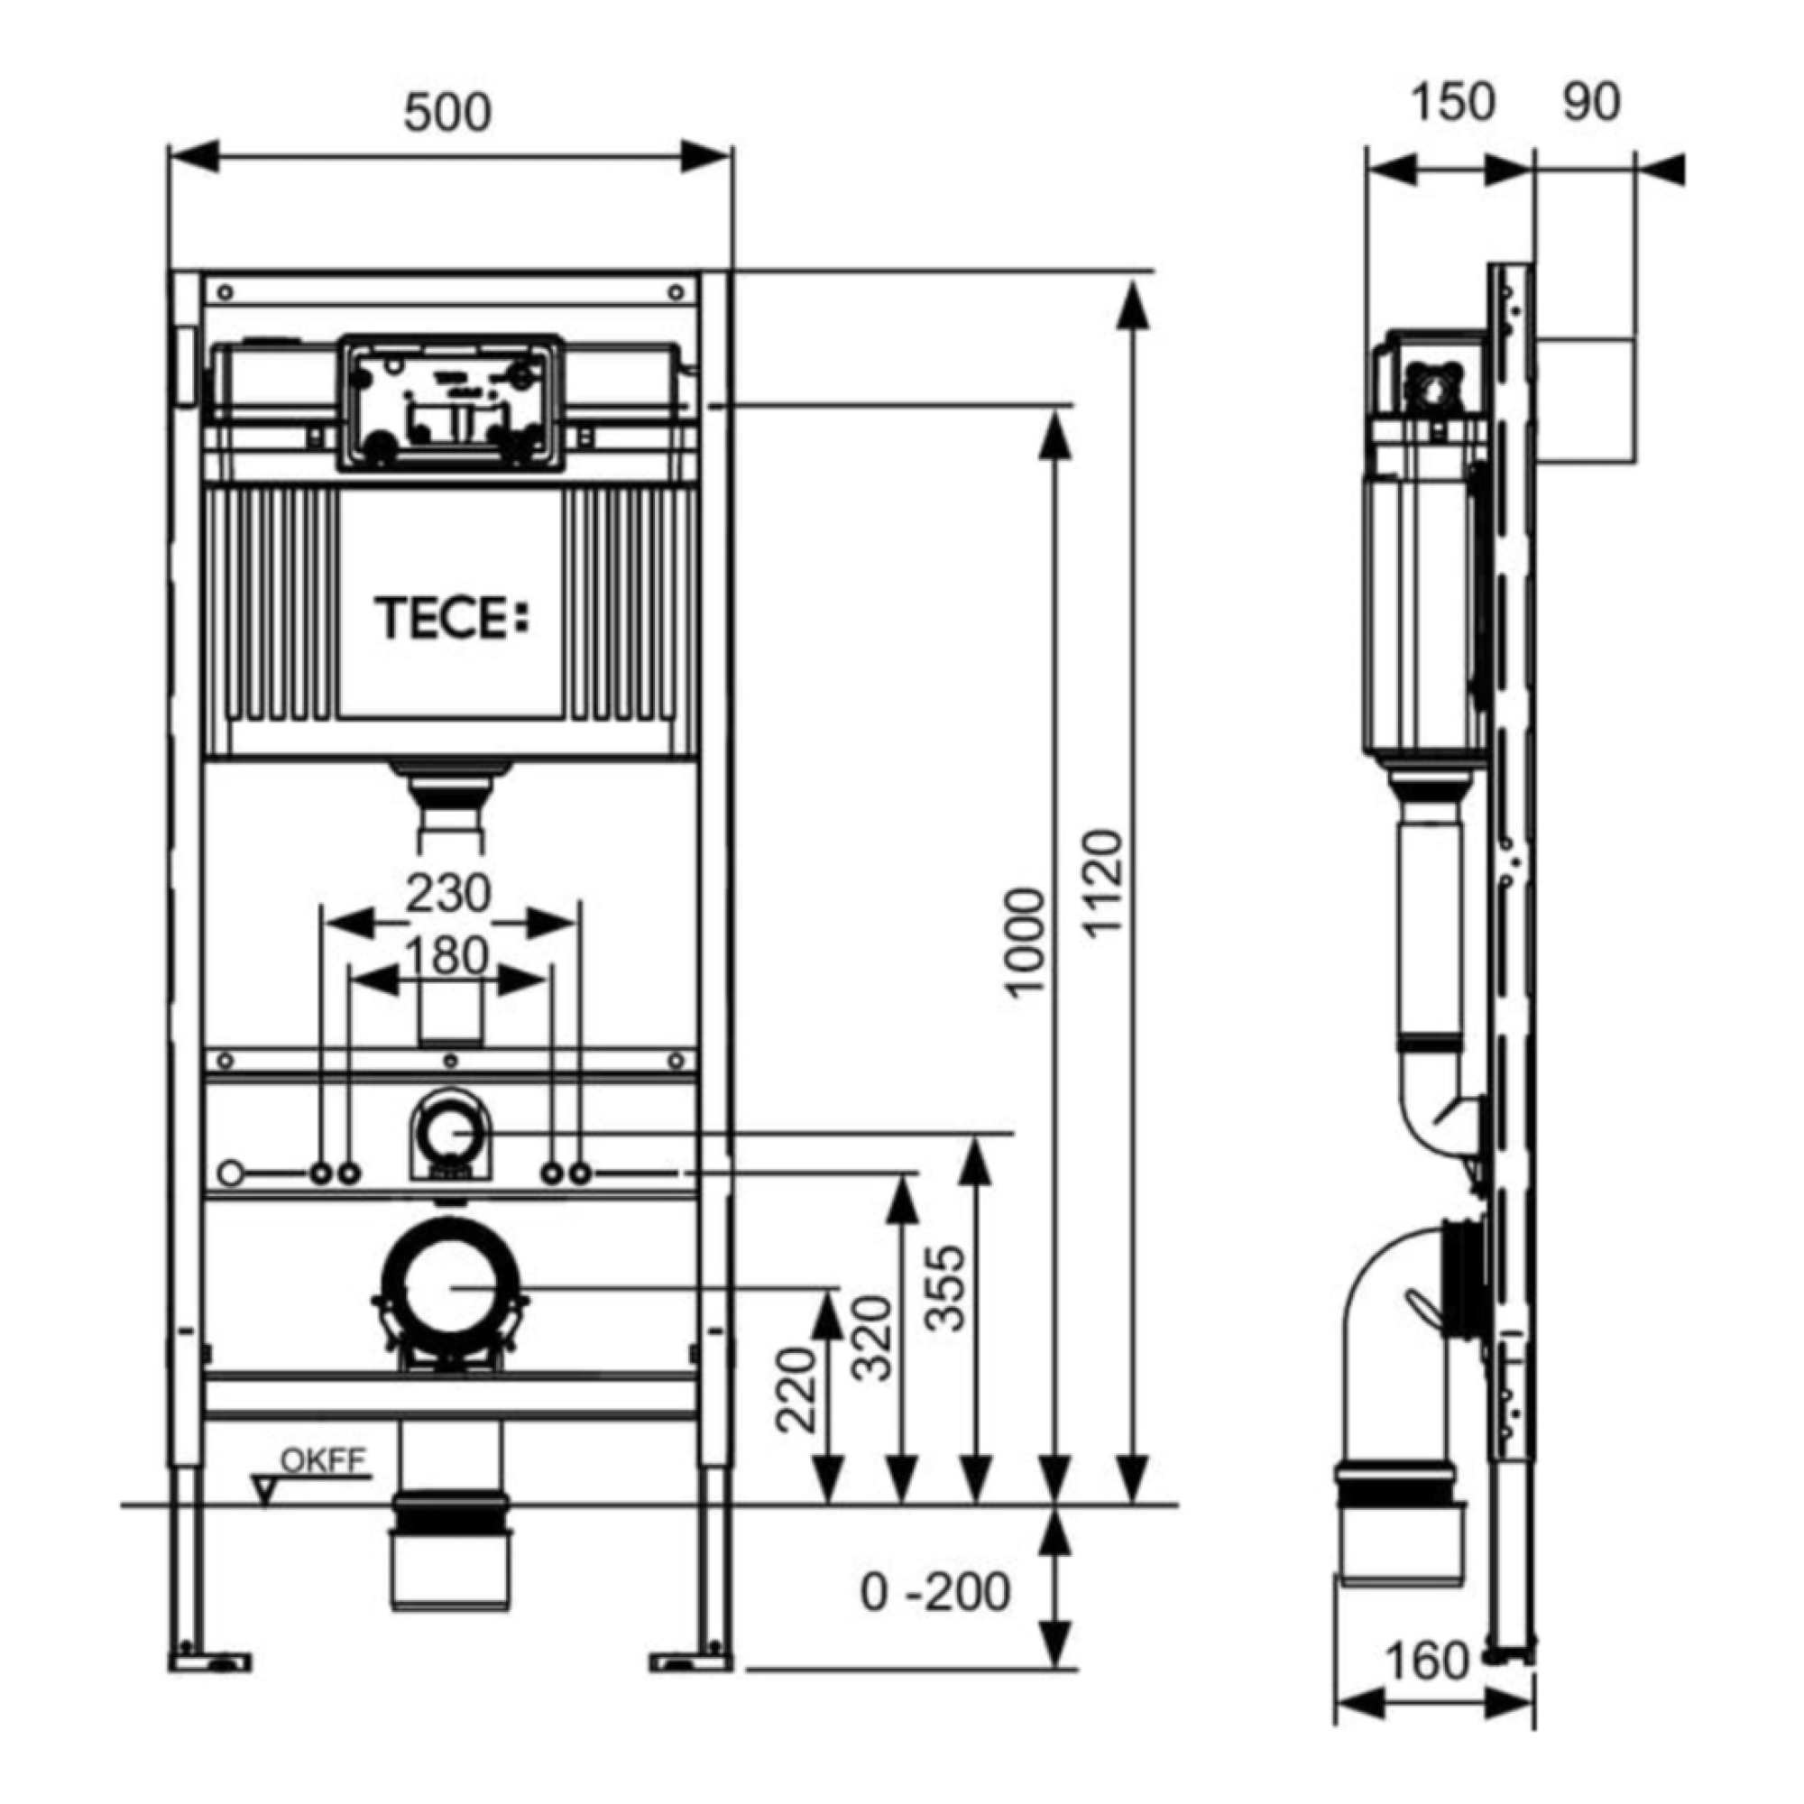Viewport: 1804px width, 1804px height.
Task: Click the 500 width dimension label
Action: (x=447, y=113)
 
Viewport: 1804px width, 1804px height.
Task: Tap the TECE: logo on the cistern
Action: (x=452, y=619)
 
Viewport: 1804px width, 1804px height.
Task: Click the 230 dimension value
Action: (x=447, y=894)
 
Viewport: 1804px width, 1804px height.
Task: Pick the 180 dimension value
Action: (x=447, y=956)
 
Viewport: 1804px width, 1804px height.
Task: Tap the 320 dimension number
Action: (x=874, y=1337)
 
